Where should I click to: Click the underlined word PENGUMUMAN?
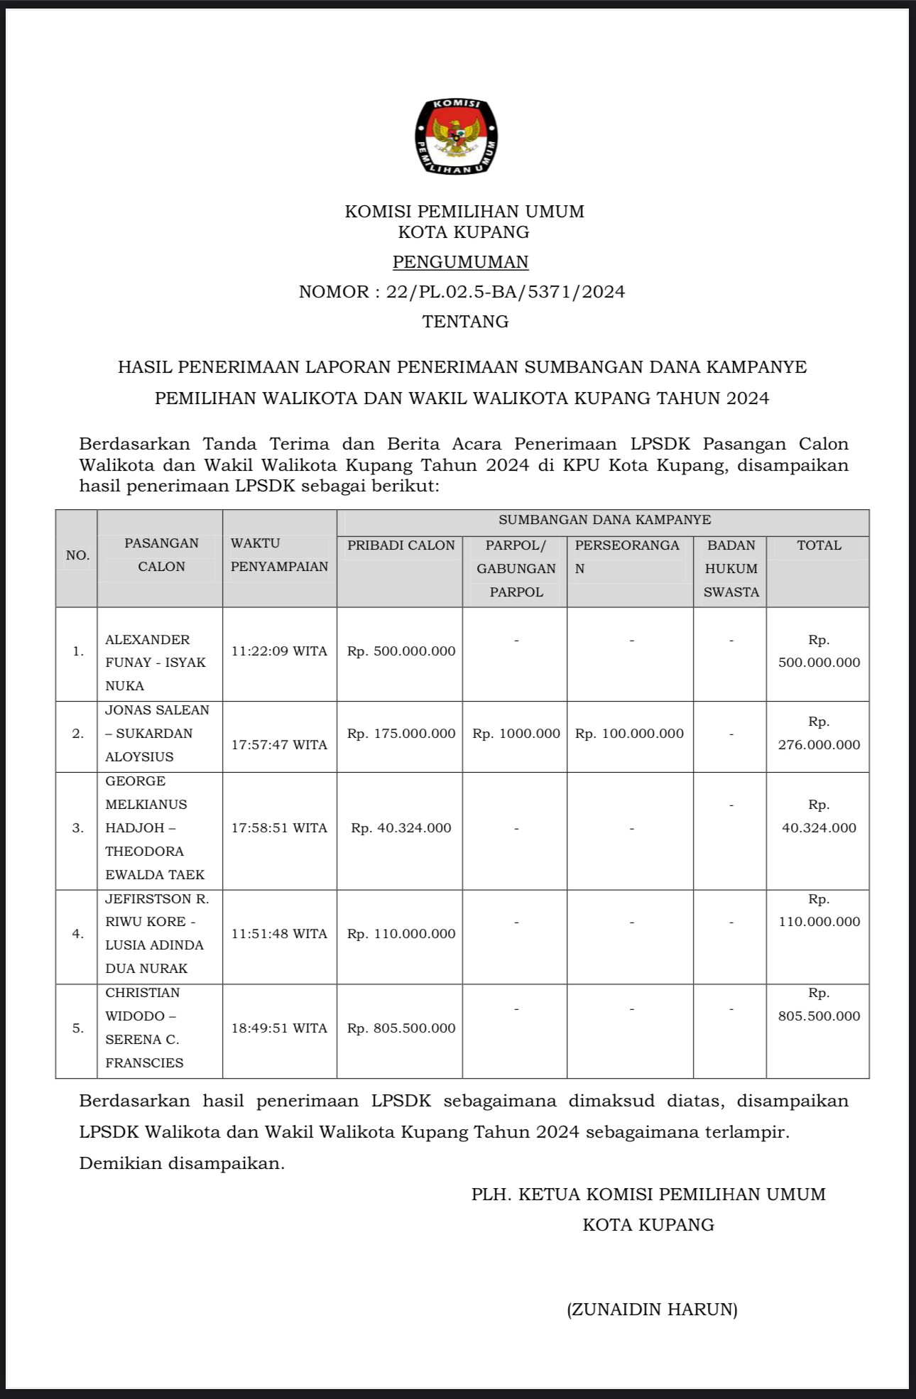461,262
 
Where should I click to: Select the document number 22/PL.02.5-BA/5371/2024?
505,292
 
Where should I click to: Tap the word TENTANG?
465,322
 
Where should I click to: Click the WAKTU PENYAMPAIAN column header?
279,555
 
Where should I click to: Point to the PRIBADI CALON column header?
400,545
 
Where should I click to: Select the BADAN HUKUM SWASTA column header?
731,568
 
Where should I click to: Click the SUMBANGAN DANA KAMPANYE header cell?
604,520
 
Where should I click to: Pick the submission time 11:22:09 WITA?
279,651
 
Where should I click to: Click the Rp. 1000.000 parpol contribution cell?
516,734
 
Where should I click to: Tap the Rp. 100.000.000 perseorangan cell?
630,734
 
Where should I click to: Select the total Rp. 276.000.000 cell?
819,734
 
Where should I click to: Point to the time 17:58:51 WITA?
279,828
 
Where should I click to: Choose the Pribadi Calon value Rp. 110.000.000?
401,934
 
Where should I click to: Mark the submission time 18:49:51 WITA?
279,1028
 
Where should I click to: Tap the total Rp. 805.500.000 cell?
819,1005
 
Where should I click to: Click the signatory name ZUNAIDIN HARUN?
652,1310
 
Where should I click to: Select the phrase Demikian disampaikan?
182,1163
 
